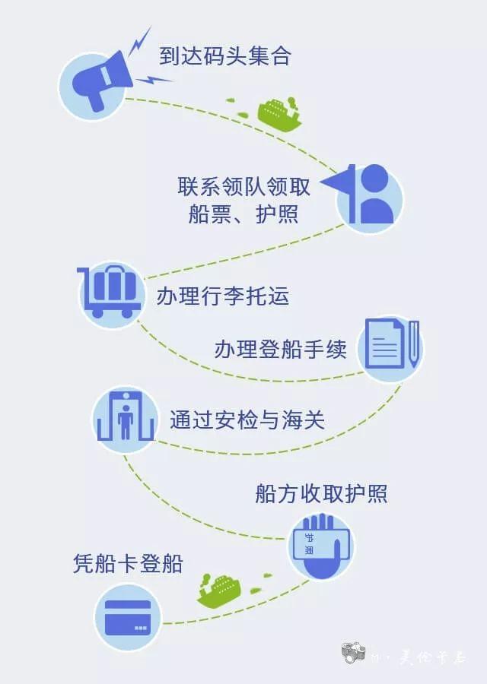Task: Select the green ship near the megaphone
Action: [x=279, y=114]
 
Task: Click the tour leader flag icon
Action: [x=369, y=198]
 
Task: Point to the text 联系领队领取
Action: [x=243, y=186]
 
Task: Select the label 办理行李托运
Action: [x=223, y=295]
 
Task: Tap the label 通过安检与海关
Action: [x=247, y=420]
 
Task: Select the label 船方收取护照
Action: [x=322, y=494]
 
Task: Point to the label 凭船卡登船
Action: [x=128, y=564]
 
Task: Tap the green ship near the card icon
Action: [x=220, y=589]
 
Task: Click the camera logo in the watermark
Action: [x=354, y=652]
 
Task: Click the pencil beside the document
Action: [x=413, y=344]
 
